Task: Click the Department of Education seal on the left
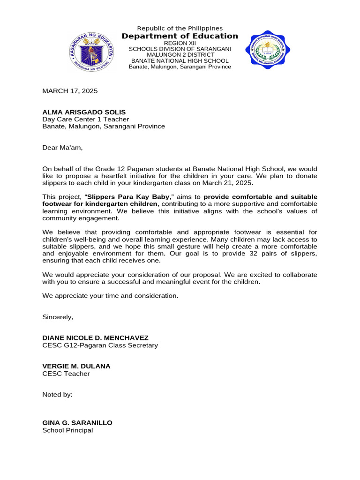point(91,52)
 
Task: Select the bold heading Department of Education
point(180,36)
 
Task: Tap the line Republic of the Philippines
point(180,28)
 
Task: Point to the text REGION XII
point(180,43)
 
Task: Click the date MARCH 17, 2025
point(70,91)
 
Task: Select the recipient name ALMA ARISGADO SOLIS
point(84,112)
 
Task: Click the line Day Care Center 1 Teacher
point(79,119)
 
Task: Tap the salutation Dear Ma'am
point(62,148)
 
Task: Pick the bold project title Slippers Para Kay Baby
point(122,197)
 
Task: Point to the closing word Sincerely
point(58,317)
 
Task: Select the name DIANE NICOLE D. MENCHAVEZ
point(95,338)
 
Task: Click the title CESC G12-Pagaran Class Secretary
point(100,345)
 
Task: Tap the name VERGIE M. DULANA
point(76,366)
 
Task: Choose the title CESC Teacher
point(66,374)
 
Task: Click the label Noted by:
point(57,394)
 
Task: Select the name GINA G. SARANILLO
point(77,423)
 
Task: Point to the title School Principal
point(67,430)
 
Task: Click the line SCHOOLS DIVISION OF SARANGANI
point(180,49)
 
